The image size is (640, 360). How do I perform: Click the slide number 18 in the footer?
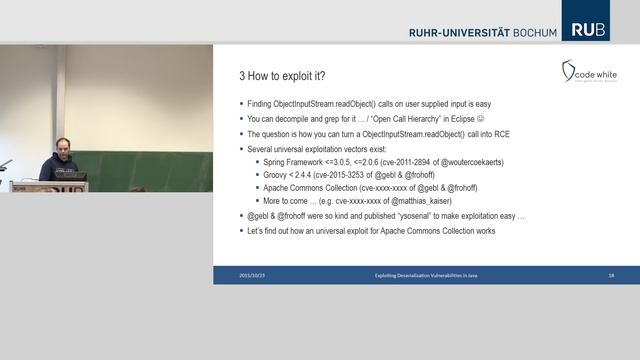tap(610, 274)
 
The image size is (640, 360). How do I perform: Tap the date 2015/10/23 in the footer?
tap(252, 274)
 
